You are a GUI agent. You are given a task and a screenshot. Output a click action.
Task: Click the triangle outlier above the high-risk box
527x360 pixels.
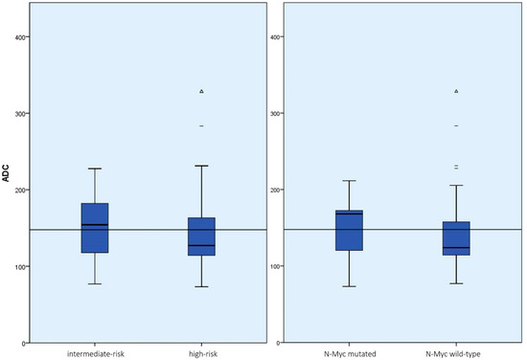point(201,91)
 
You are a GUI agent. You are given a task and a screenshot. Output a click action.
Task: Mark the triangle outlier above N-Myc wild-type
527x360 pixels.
point(456,91)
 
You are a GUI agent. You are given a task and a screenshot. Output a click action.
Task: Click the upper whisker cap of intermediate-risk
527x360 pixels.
point(95,169)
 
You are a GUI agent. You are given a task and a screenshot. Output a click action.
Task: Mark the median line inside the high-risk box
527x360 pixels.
point(201,246)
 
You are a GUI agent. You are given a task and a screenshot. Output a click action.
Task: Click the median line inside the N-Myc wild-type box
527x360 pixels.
point(456,248)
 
